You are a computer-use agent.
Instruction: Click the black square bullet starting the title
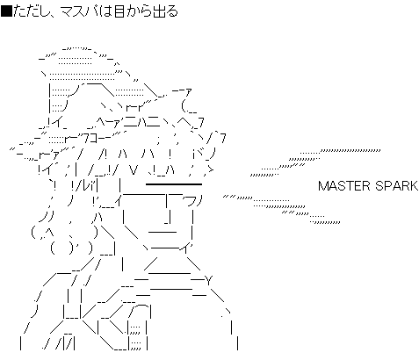tap(6, 11)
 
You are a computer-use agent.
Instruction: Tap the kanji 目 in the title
tap(119, 11)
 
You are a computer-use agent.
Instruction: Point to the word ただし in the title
tap(32, 11)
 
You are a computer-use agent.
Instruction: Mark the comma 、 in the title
tap(55, 15)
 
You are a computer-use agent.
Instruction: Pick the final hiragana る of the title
tap(172, 11)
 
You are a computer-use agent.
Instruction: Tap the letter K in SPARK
tap(414, 186)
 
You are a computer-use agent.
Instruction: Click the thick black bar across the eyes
tap(174, 184)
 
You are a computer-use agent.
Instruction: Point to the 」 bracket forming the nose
tap(168, 219)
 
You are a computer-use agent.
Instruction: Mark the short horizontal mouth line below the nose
tap(163, 233)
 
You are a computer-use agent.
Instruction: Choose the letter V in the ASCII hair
tap(134, 169)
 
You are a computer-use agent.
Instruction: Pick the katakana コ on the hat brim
tap(94, 139)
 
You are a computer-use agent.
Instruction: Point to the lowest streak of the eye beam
tap(326, 222)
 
